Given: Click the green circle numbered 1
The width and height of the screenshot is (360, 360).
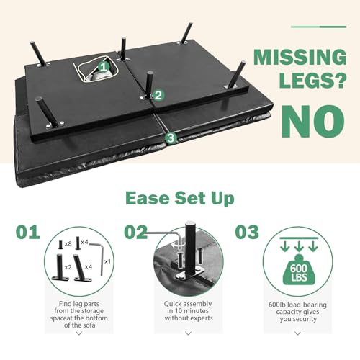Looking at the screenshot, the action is click(103, 67).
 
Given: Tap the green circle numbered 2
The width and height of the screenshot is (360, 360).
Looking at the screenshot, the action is click(158, 95).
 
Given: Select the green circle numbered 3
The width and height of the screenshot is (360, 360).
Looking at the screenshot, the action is click(171, 138).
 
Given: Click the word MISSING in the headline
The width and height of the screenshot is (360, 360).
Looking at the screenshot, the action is click(300, 57).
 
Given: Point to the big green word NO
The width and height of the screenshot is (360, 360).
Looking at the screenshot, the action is click(313, 121).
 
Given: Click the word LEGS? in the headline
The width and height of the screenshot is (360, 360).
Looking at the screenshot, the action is click(312, 80).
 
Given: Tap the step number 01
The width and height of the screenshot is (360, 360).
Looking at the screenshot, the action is click(28, 232).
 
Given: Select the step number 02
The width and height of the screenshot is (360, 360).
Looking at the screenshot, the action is click(135, 232).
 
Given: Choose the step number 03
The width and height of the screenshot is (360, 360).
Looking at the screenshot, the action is click(247, 232).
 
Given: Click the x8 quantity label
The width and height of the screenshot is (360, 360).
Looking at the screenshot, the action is click(68, 244).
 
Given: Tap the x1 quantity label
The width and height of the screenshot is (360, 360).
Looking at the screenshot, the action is click(107, 261).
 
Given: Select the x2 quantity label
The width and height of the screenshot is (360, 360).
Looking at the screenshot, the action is click(68, 267).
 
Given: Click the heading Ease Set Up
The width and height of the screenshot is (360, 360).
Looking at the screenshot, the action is click(180, 198).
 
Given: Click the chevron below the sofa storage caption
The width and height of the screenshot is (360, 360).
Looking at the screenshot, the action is click(79, 333).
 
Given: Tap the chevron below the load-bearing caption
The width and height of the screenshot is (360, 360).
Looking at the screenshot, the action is click(297, 333).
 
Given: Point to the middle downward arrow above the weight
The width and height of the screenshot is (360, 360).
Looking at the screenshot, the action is click(299, 246).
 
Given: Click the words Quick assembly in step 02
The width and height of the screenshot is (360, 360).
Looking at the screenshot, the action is click(188, 304).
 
